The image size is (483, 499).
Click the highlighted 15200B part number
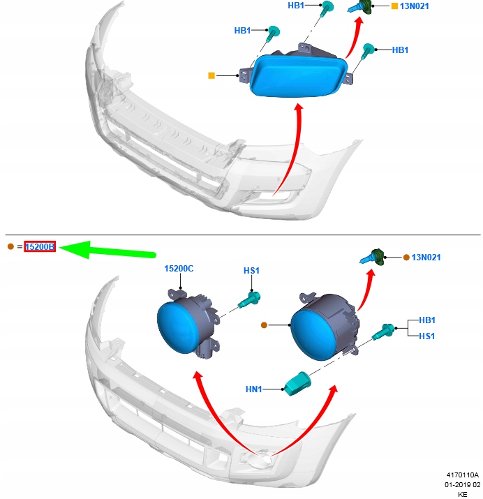click(40, 246)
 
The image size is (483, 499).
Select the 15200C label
click(179, 269)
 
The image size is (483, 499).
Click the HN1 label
click(253, 389)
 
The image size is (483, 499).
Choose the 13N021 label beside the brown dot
click(426, 258)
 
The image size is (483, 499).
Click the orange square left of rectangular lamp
click(211, 75)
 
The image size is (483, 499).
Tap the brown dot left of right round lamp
click(264, 325)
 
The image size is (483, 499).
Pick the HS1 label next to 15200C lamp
click(251, 270)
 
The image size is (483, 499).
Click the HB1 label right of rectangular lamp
click(400, 50)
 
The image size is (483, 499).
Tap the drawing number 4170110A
click(463, 475)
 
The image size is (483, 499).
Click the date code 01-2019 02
click(462, 484)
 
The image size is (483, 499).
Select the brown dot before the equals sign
click(10, 246)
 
